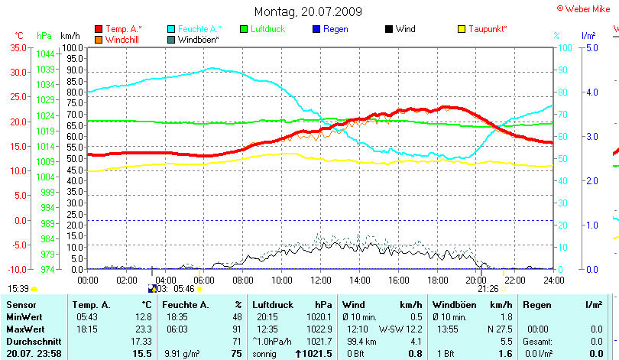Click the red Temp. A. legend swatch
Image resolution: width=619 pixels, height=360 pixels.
point(98,28)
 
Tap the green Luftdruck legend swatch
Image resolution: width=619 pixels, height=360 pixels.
point(245,28)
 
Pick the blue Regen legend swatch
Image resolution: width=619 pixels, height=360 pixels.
point(318,28)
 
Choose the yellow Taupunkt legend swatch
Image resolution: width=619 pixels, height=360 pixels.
point(462,28)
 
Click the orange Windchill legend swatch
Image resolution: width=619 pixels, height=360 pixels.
point(98,38)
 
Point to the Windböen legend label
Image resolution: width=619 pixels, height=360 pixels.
point(199,38)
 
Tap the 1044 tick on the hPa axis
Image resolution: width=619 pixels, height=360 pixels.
point(45,54)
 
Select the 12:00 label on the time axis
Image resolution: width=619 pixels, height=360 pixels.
point(321,280)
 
